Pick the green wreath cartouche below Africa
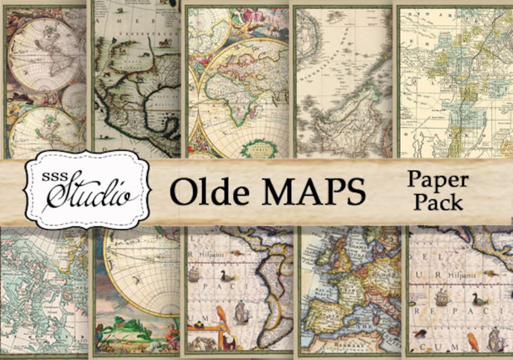click(x=258, y=148)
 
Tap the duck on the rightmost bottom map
click(x=480, y=300)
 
